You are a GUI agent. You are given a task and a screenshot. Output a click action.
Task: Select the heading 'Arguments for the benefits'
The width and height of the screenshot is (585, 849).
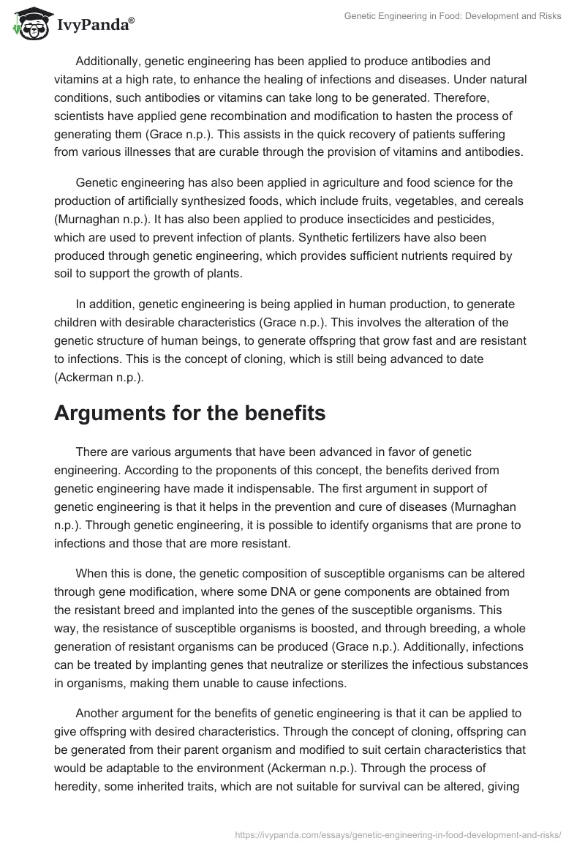[189, 414]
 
